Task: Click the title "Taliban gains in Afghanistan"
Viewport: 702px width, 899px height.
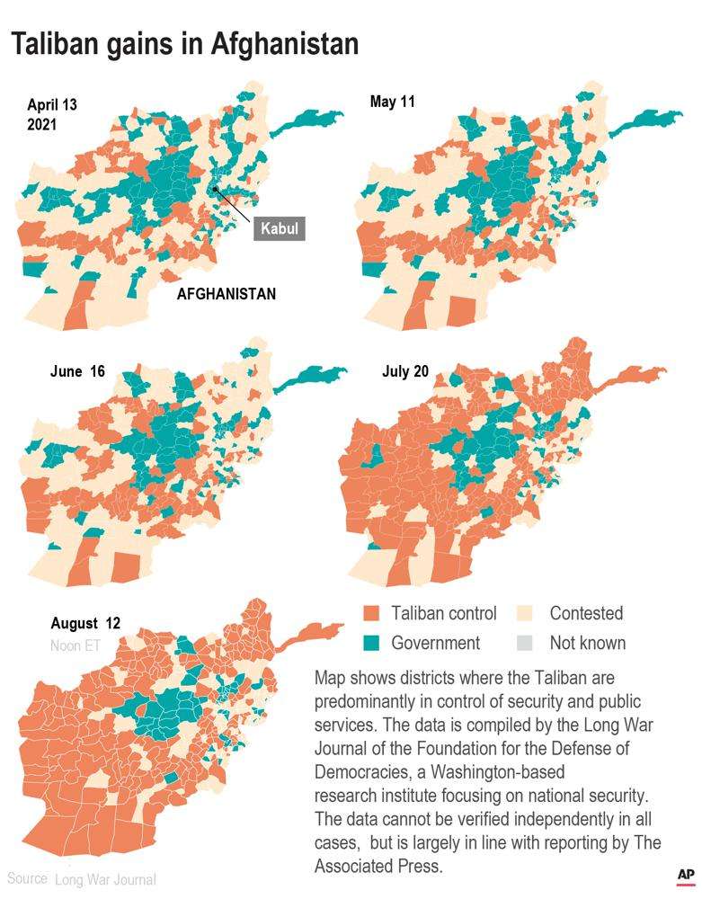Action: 184,44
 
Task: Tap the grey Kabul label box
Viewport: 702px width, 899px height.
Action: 279,228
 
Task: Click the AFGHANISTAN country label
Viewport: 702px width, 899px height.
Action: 226,294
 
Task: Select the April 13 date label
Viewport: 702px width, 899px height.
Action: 52,105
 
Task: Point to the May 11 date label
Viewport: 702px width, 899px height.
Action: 392,102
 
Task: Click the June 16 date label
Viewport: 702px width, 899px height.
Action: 78,372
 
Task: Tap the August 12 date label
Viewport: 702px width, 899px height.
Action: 85,623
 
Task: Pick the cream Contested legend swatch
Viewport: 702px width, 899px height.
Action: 527,614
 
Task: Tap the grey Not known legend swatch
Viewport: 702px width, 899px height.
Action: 527,643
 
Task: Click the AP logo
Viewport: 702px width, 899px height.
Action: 685,876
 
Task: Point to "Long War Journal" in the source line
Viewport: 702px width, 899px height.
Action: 105,879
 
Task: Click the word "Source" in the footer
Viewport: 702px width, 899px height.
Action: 28,878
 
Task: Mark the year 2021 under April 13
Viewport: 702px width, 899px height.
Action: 42,125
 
